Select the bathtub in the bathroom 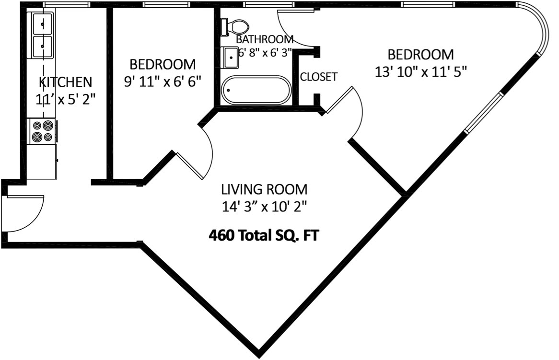[x=256, y=90]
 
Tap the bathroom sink [x=231, y=58]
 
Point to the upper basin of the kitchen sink [x=42, y=23]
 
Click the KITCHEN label [x=65, y=81]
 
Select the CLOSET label [x=318, y=77]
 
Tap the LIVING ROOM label [x=264, y=189]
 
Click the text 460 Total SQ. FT [x=264, y=236]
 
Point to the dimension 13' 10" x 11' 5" [x=420, y=71]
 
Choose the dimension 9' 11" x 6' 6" [x=163, y=81]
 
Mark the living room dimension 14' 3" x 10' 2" [x=264, y=207]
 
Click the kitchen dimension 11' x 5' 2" [x=65, y=99]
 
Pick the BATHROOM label [x=265, y=39]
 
